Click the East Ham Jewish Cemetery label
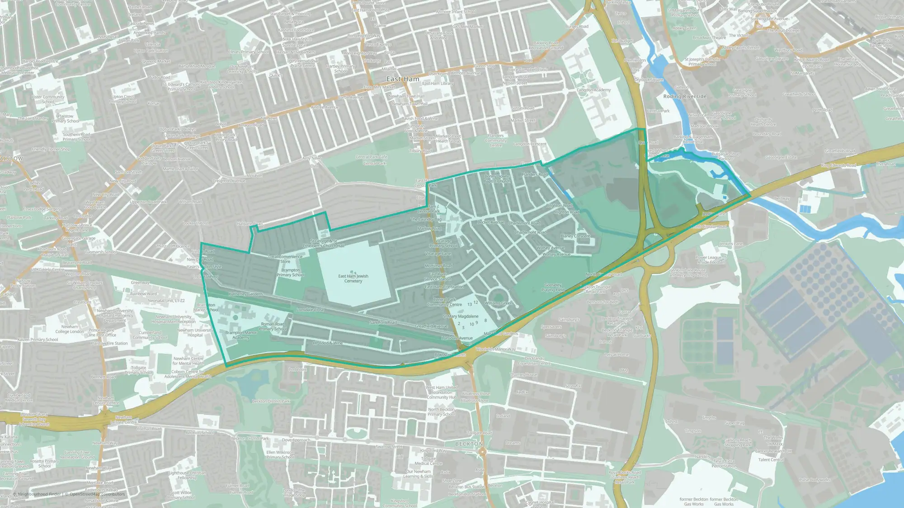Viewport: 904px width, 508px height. [353, 279]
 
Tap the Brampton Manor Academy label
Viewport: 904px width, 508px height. [241, 335]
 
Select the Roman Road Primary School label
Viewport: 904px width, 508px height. [273, 326]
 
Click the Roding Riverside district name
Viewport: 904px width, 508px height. [684, 97]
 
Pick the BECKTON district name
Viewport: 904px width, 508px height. [469, 444]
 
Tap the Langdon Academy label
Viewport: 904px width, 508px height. [593, 90]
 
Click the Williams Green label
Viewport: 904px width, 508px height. [499, 303]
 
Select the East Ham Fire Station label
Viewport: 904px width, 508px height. [444, 287]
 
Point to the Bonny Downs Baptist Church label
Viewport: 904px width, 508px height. [497, 179]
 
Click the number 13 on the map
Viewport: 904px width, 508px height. [470, 305]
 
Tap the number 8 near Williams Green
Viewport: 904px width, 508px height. [485, 321]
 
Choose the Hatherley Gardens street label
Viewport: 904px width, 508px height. [245, 294]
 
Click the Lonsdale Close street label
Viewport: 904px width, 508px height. [310, 310]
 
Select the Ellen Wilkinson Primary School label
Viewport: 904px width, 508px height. [280, 455]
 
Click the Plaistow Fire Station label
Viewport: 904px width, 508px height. [109, 344]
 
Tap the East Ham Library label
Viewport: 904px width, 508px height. [438, 84]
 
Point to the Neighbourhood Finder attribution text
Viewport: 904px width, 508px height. [38, 494]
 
